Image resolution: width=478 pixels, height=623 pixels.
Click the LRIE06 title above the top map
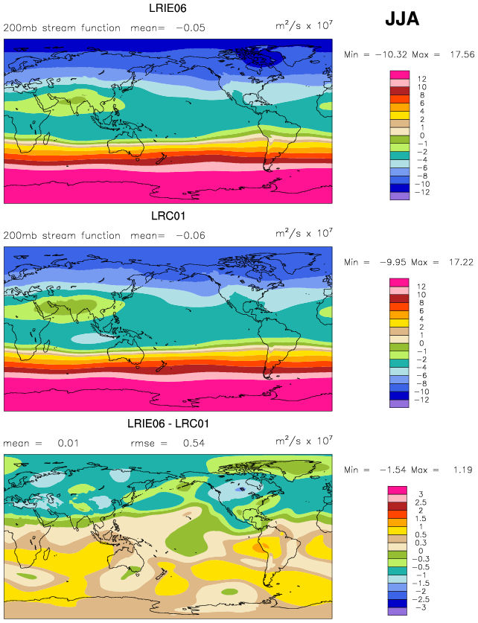click(168, 8)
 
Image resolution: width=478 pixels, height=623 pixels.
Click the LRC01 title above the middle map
click(168, 216)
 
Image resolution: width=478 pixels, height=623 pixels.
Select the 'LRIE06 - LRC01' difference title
click(168, 424)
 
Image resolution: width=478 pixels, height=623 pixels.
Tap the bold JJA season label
click(402, 19)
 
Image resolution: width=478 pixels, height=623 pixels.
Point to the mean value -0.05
click(191, 28)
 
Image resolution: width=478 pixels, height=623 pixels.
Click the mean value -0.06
click(191, 236)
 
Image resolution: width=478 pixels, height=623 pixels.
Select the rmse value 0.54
click(194, 443)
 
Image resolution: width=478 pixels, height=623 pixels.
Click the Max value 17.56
click(462, 54)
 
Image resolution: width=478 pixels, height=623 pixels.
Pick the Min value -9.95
click(393, 262)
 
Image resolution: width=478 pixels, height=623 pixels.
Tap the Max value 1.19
click(463, 470)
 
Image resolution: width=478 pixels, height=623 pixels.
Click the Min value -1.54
click(392, 470)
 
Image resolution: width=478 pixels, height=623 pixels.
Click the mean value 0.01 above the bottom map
click(68, 443)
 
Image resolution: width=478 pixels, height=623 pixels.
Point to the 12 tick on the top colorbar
click(422, 79)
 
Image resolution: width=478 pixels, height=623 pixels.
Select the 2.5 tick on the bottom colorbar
click(421, 502)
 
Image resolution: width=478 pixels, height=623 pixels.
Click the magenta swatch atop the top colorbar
click(400, 74)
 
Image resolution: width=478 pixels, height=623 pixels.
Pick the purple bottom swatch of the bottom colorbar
click(398, 611)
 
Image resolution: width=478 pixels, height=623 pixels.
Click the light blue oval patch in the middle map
click(92, 338)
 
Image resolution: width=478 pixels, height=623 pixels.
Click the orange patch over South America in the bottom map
click(258, 548)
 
